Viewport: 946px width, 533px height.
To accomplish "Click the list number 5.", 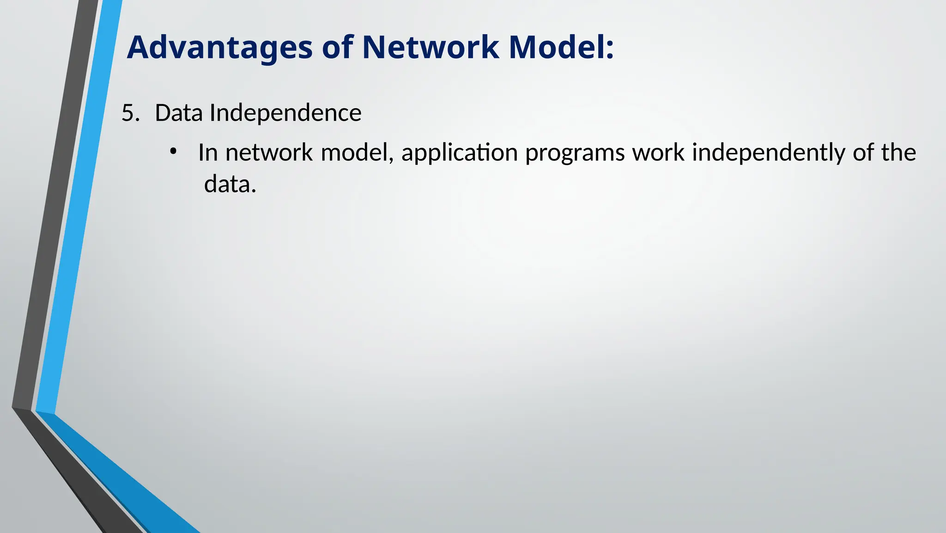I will (130, 113).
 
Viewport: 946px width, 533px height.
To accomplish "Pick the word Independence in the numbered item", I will (285, 113).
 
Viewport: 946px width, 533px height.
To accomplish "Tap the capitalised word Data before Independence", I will (179, 113).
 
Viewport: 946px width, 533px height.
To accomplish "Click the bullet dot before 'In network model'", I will (173, 152).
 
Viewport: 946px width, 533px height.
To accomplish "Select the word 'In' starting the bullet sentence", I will (208, 153).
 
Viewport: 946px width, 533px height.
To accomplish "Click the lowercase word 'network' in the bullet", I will (269, 153).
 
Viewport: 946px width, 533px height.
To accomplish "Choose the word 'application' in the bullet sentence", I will (459, 153).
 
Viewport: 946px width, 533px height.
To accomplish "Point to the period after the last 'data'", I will (254, 191).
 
